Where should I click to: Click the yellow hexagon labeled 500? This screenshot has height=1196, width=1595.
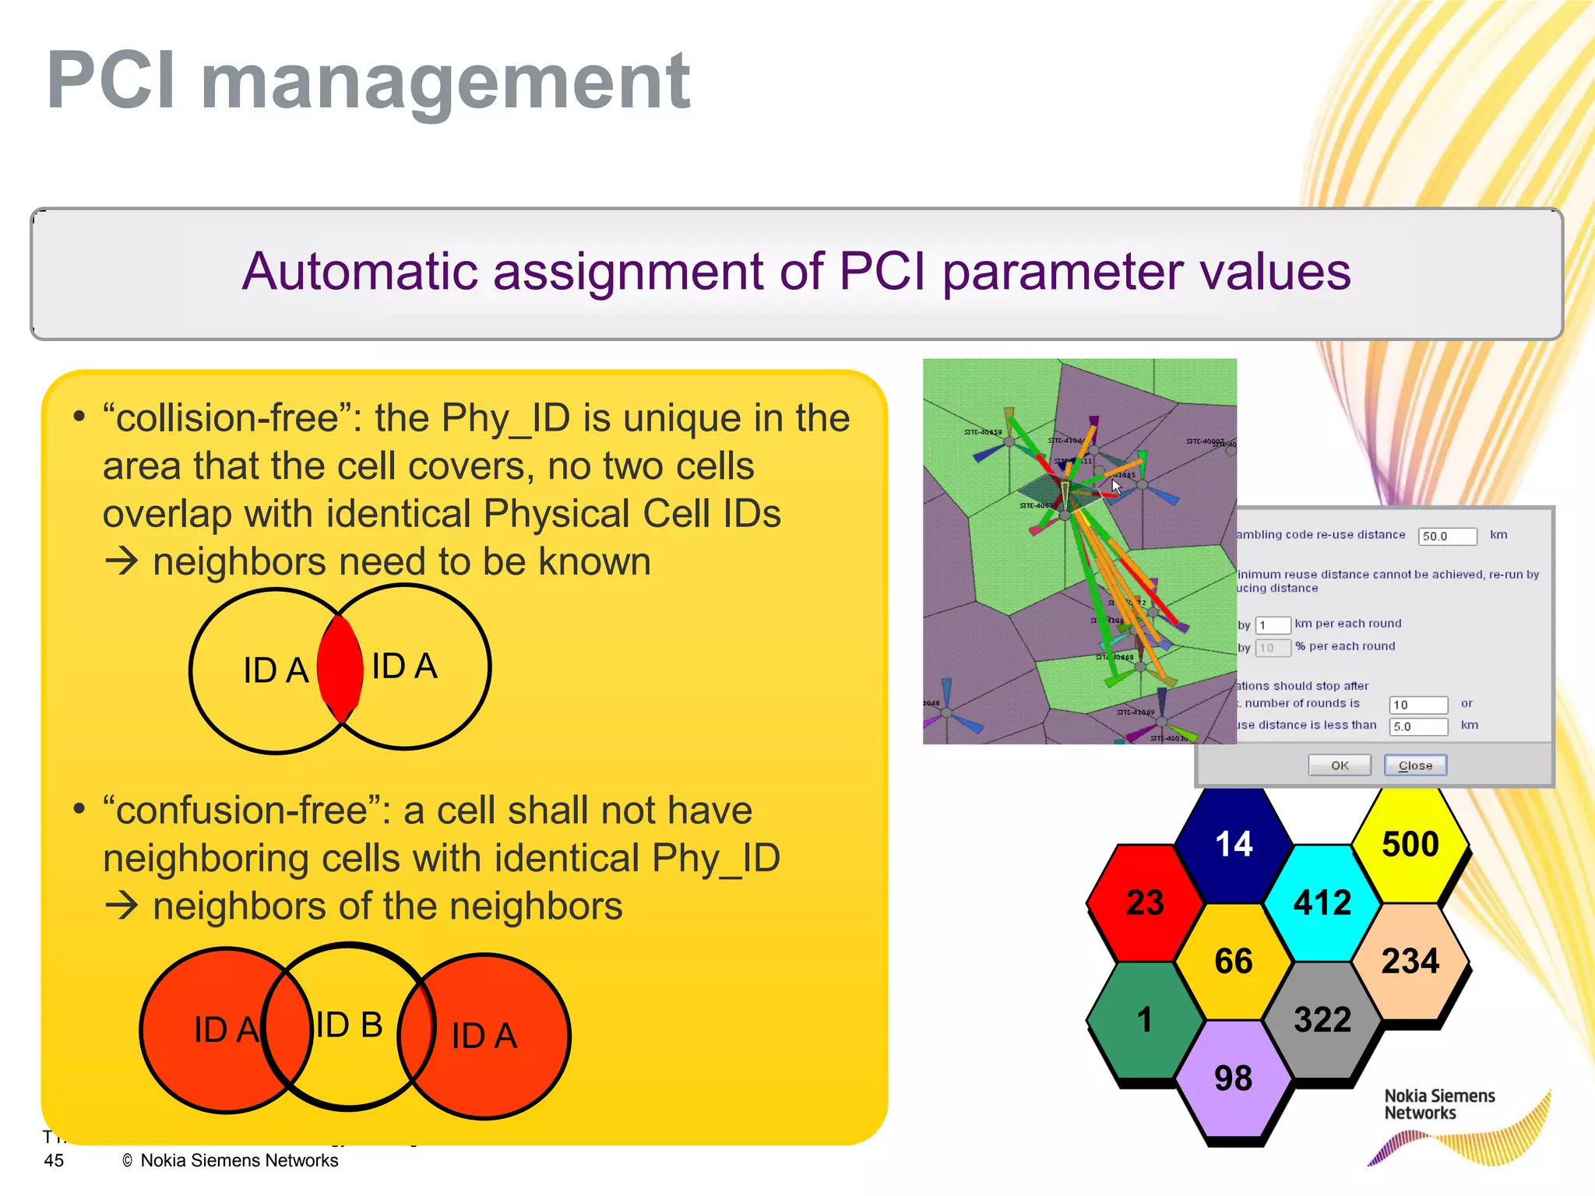1410,845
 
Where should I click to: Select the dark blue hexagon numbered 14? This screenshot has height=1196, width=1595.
1234,845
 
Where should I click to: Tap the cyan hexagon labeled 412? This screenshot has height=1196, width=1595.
1322,903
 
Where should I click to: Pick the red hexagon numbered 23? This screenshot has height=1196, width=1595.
1145,903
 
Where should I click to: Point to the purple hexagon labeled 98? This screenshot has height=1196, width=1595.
1233,1079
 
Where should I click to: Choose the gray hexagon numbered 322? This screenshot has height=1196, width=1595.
1322,1020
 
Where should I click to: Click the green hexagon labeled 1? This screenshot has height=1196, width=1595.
1144,1020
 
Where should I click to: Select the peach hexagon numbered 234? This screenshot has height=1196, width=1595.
1410,962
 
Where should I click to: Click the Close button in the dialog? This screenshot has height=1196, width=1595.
1415,765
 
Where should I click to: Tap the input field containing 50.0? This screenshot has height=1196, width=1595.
1447,536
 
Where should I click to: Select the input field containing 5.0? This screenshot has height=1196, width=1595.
1418,726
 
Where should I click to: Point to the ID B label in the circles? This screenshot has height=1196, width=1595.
349,1025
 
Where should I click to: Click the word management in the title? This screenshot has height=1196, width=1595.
445,80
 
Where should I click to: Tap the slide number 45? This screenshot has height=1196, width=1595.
54,1160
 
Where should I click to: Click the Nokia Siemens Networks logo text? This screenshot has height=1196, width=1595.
1439,1104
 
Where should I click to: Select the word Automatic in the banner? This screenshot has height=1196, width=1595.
359,272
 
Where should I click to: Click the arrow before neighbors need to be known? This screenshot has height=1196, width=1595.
121,561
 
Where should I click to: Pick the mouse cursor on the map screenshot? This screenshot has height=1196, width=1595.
1116,487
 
